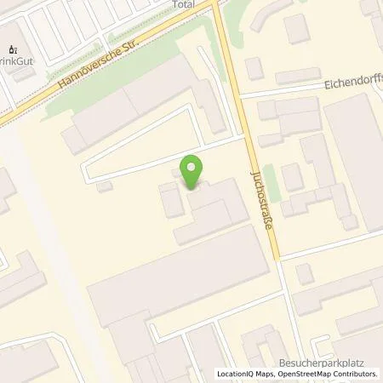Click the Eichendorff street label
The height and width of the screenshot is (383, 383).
point(353,85)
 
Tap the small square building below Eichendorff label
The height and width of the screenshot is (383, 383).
point(292,177)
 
